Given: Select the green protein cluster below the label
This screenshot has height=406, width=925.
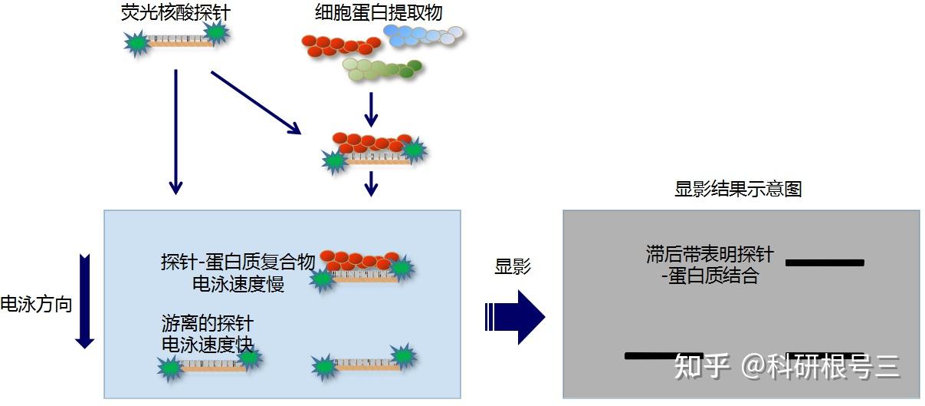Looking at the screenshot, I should click(x=382, y=70).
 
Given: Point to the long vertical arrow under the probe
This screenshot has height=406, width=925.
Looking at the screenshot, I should click(x=176, y=131).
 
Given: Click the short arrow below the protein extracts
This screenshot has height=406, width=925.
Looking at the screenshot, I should click(x=371, y=110).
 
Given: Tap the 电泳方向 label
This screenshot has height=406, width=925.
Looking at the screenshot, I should click(x=36, y=304).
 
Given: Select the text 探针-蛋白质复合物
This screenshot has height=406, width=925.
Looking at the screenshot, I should click(x=238, y=262).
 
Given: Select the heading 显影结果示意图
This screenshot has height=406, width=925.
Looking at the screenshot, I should click(x=738, y=189).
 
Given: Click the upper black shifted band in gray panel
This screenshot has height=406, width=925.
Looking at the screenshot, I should click(x=825, y=262).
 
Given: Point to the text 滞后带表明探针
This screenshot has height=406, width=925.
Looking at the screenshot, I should click(x=710, y=254).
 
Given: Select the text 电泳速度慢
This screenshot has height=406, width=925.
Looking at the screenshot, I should click(x=238, y=284).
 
